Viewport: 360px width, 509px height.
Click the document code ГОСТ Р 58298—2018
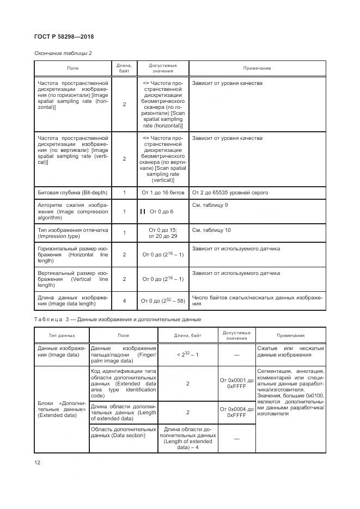tap(64, 37)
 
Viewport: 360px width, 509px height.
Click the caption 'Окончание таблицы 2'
tap(63, 53)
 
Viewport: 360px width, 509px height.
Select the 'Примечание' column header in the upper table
tap(257, 68)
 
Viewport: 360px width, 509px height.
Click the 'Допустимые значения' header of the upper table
tap(163, 68)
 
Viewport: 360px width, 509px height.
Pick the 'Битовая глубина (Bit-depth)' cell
tap(72, 193)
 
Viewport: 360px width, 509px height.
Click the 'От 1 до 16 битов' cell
tap(163, 193)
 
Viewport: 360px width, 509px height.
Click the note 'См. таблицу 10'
tap(211, 230)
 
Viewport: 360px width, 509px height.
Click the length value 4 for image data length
tap(124, 301)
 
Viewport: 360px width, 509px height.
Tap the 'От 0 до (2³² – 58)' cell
tap(162, 301)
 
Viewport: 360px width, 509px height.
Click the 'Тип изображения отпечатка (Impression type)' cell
tap(72, 234)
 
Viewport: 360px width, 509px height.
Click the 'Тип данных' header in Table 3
tap(62, 335)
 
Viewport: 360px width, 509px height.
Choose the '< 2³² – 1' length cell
tap(187, 354)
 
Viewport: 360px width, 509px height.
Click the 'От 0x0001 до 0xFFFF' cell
tap(236, 383)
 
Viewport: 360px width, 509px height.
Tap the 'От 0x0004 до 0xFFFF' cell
tap(236, 412)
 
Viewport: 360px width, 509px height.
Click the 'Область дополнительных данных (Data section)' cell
tap(123, 433)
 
